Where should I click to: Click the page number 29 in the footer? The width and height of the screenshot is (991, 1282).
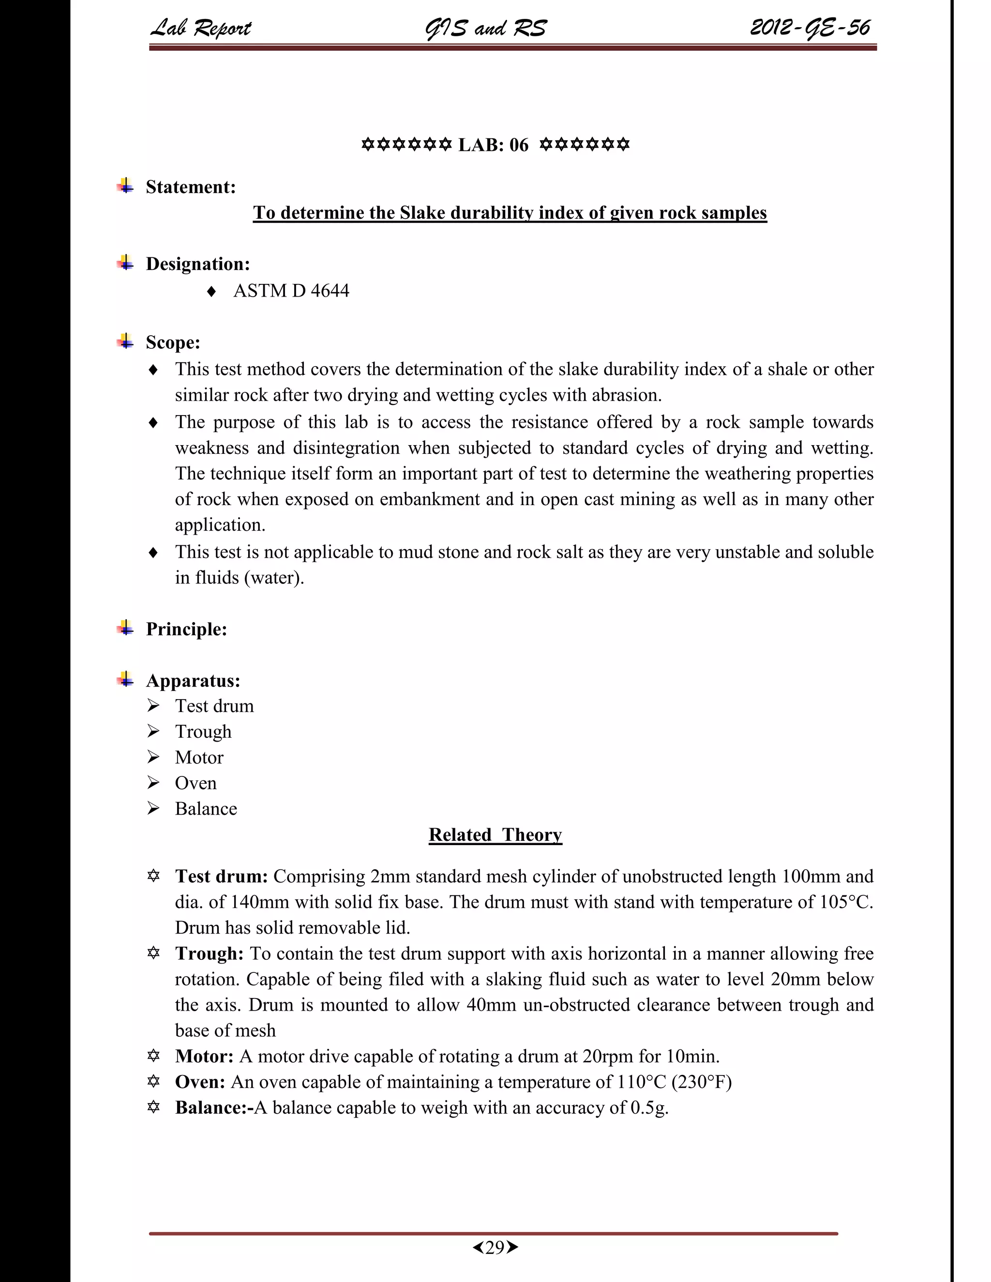click(495, 1247)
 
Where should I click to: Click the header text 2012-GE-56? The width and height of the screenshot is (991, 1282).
click(810, 28)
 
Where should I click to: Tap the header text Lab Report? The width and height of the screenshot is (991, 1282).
click(201, 28)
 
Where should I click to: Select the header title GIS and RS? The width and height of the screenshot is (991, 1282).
click(485, 28)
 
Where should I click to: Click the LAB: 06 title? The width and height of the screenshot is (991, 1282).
click(493, 144)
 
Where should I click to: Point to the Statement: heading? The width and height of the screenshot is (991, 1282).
click(190, 187)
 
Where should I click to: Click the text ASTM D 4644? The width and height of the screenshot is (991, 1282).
click(291, 291)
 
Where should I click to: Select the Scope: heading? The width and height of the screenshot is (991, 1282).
click(173, 342)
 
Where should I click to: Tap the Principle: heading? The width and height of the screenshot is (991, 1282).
click(186, 629)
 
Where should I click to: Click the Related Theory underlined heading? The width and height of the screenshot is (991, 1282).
click(495, 834)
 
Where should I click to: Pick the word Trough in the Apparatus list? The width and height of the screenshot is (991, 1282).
click(203, 731)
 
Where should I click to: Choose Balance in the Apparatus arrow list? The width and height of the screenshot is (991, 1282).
click(206, 808)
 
